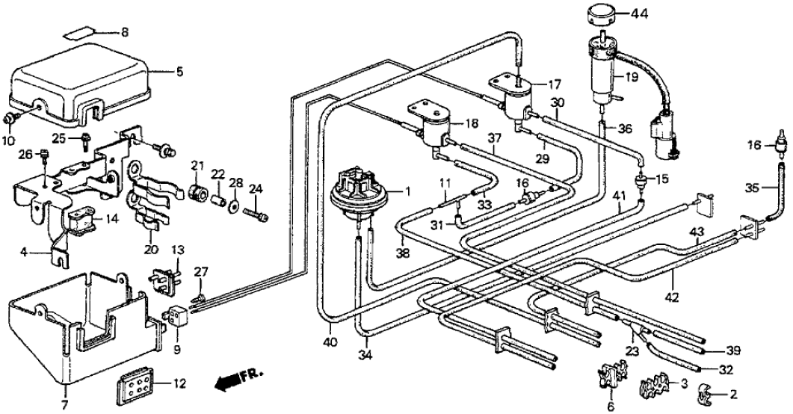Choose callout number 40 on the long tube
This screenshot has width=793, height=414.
[330, 342]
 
